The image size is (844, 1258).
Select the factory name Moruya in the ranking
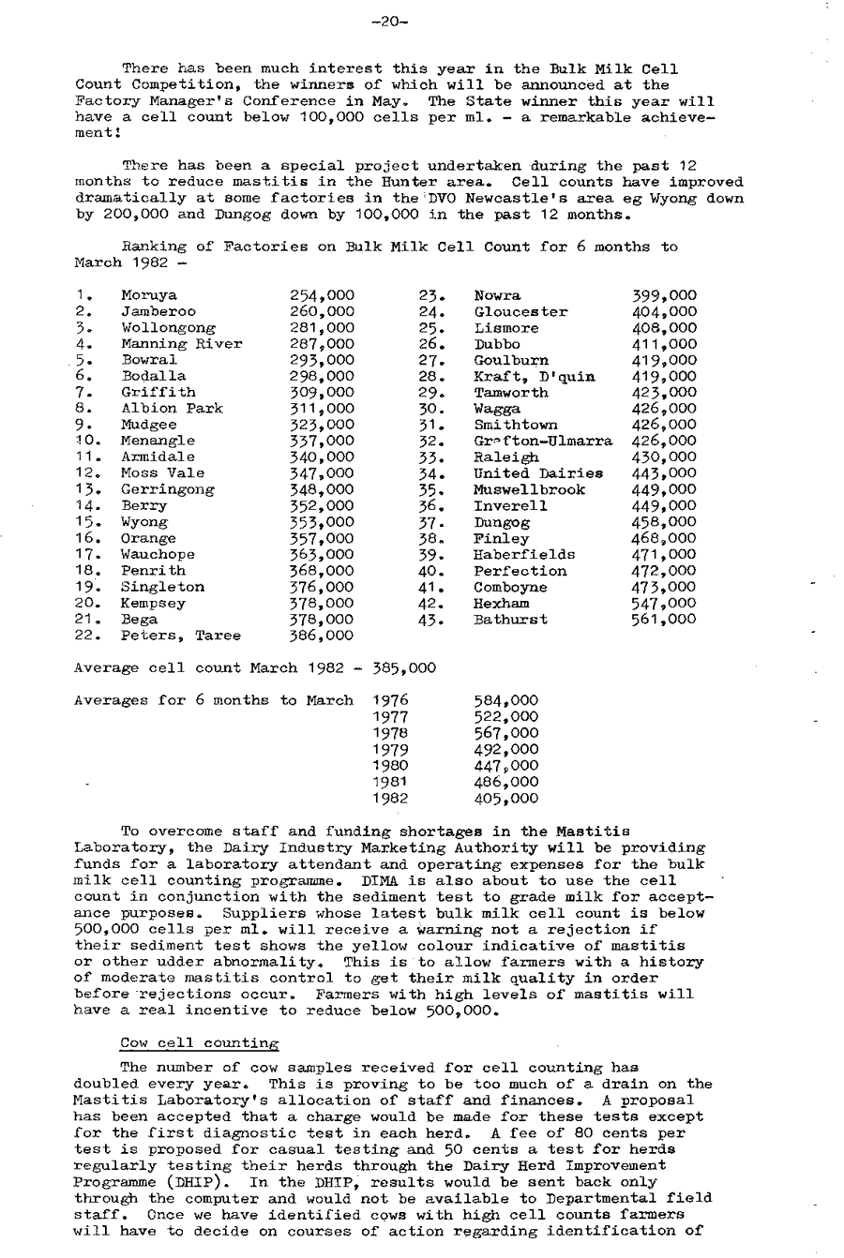click(x=149, y=296)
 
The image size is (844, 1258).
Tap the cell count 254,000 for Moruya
click(x=323, y=296)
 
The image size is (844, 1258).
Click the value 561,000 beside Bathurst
click(x=665, y=620)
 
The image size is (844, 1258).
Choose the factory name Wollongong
click(x=169, y=328)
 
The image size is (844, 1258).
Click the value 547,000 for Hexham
click(x=665, y=603)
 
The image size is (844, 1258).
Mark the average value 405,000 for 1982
click(x=507, y=799)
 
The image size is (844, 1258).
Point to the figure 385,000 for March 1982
click(x=405, y=668)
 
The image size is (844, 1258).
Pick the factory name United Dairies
click(x=538, y=473)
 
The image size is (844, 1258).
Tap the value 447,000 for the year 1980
click(x=507, y=766)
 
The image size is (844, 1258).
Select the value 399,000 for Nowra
click(x=665, y=296)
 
